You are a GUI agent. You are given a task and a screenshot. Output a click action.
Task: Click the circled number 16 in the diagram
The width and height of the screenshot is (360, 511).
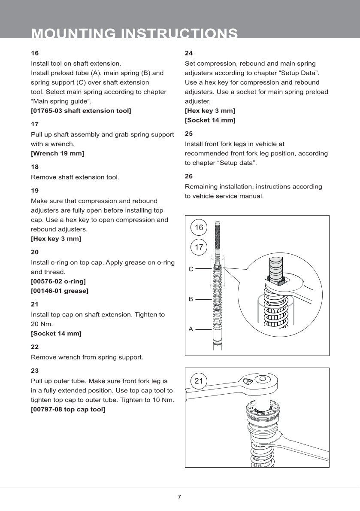pos(199,228)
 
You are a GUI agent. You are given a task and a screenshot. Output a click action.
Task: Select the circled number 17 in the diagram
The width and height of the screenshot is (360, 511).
pos(199,247)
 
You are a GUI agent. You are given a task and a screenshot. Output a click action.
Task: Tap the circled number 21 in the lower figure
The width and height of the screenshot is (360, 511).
pos(199,381)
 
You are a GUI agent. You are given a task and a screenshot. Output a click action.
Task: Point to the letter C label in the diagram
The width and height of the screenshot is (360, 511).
pos(191,269)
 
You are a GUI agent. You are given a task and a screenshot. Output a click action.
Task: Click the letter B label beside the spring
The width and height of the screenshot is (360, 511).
pos(191,298)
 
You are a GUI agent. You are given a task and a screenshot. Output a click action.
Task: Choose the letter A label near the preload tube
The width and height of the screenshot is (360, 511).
pos(191,329)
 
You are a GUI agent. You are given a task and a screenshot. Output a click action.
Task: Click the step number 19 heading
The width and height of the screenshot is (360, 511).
pos(35,190)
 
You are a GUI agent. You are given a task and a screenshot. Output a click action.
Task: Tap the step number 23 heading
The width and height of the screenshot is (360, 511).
pos(35,371)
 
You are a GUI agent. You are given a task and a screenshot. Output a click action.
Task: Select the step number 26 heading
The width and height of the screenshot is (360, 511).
pos(188,176)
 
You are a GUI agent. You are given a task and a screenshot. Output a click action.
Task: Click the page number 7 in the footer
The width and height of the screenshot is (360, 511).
pos(179,497)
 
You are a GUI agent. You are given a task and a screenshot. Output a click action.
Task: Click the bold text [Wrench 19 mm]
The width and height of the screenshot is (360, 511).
pos(57,153)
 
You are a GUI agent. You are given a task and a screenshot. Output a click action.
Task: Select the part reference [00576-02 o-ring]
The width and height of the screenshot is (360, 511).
pos(58,281)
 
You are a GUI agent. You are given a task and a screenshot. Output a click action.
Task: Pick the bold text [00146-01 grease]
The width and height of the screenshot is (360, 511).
pos(60,291)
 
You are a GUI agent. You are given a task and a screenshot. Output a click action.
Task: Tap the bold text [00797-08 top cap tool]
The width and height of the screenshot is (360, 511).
pos(68,409)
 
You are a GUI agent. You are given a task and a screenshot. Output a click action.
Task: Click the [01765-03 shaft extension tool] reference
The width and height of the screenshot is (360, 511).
pos(81,111)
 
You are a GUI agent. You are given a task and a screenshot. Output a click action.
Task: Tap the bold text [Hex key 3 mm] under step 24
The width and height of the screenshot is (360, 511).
pos(210,111)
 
